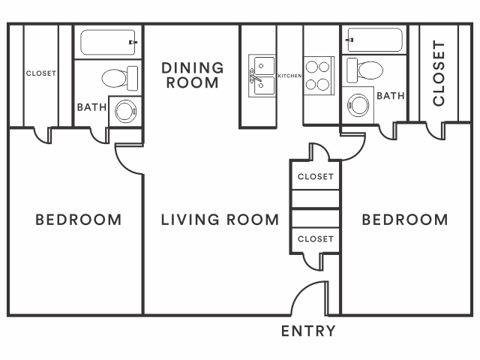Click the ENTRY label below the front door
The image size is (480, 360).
[308, 331]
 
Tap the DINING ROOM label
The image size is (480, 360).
[193, 75]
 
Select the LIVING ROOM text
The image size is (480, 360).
[220, 220]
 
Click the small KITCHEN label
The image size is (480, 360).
[289, 76]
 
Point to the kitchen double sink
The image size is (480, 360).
[262, 76]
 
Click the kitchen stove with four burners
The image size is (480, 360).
[319, 76]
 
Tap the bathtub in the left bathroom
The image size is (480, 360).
[108, 42]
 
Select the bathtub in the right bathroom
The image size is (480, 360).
[374, 40]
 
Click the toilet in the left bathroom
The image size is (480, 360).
[120, 78]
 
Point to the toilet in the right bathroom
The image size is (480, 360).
[364, 70]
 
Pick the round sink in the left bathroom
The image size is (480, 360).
[126, 111]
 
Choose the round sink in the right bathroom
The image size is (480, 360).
[358, 105]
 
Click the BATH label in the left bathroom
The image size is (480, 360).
[91, 107]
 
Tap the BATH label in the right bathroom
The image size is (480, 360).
[391, 96]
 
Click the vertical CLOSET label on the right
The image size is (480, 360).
[438, 73]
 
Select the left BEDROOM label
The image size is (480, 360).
[79, 220]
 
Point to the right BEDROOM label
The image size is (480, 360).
[405, 220]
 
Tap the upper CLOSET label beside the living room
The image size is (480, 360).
[316, 177]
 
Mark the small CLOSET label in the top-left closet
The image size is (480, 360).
[41, 73]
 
